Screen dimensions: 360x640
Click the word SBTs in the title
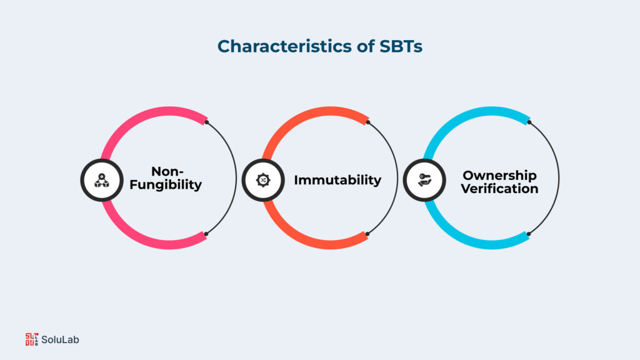400,46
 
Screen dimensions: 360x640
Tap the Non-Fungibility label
171,178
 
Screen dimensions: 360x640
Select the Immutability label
337,180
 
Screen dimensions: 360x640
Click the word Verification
499,188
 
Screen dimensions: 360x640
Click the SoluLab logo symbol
31,339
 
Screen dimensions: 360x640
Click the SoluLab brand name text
61,339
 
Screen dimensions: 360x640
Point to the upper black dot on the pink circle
206,122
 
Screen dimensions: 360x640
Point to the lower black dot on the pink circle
206,234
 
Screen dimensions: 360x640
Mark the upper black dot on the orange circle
367,122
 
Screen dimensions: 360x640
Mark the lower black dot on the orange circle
367,234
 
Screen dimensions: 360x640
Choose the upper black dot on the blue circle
529,122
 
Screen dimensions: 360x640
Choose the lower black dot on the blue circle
529,234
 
